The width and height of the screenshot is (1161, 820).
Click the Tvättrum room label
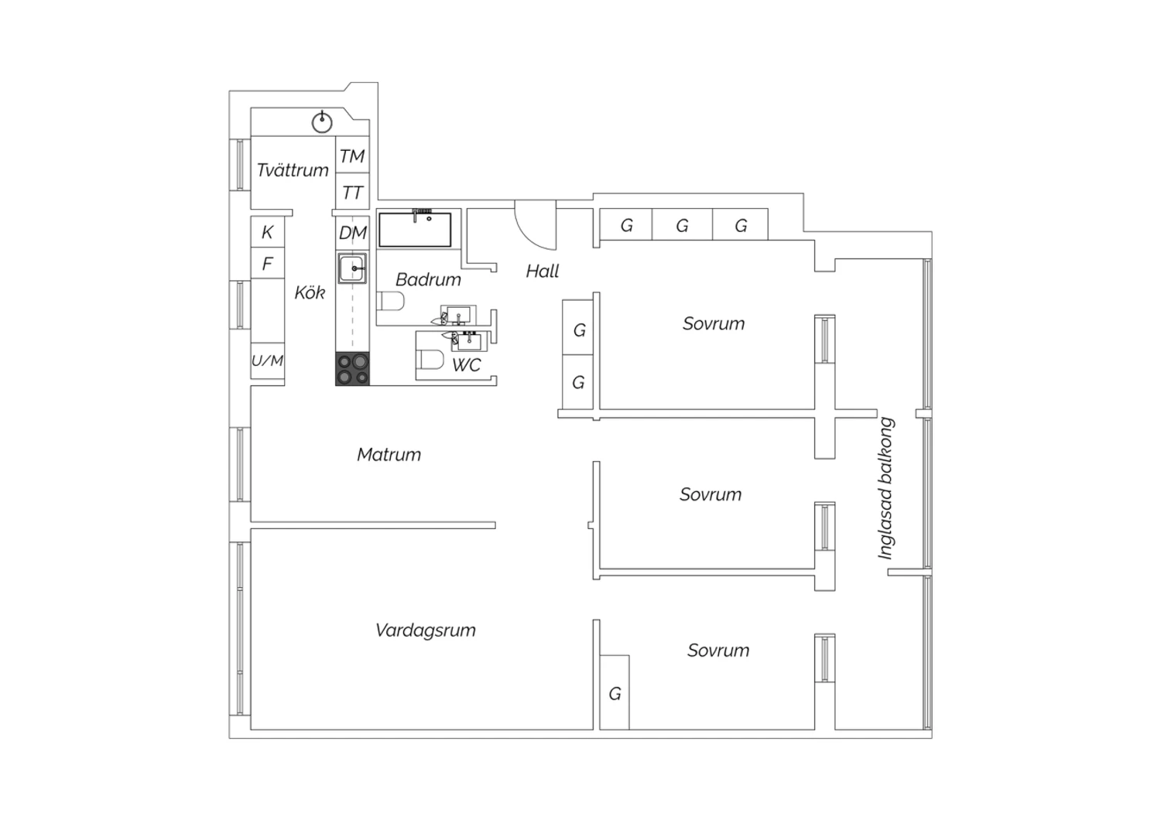[293, 170]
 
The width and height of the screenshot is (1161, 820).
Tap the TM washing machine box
[352, 155]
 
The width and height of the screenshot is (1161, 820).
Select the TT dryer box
[352, 191]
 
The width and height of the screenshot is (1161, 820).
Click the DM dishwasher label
[352, 233]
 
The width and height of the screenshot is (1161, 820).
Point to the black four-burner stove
[352, 369]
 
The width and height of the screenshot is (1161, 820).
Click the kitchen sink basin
[352, 268]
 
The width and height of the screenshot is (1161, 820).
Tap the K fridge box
[268, 231]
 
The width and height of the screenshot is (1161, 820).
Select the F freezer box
[268, 263]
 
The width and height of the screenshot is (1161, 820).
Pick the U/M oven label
[268, 360]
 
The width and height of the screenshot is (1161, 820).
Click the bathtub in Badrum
[415, 230]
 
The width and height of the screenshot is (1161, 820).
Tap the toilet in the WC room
[430, 359]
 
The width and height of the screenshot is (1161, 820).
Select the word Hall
[543, 271]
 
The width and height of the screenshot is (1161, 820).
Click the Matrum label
[389, 454]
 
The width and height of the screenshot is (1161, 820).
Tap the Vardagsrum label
[426, 630]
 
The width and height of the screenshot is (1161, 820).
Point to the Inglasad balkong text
[885, 488]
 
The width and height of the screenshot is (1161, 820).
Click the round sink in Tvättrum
[322, 123]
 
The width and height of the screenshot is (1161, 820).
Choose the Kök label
[310, 292]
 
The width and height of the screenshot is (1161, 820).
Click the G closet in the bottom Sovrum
[615, 692]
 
